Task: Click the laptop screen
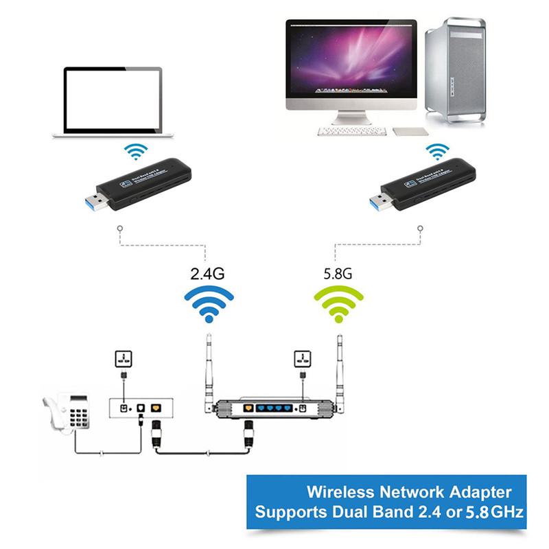pyautogui.click(x=113, y=100)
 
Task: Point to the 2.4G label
pyautogui.click(x=207, y=273)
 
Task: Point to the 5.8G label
pyautogui.click(x=337, y=273)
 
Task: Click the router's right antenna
pyautogui.click(x=338, y=371)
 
